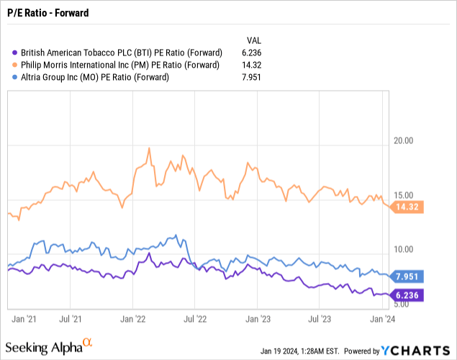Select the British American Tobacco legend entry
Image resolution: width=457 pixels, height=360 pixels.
tap(122, 53)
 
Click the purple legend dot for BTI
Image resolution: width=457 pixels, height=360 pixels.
tap(16, 53)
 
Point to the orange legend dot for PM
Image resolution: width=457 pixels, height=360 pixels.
tap(16, 65)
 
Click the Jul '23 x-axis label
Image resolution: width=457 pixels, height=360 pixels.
tap(322, 316)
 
